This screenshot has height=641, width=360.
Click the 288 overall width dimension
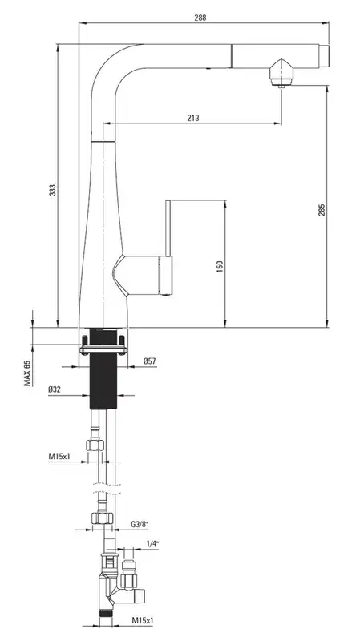[200, 18]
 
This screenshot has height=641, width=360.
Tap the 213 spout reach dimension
[193, 118]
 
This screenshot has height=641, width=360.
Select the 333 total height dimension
[53, 190]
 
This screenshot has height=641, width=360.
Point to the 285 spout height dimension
[322, 210]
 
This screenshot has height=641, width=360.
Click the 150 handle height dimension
[220, 267]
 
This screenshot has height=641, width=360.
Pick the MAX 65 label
[27, 373]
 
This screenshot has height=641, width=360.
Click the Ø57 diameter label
[149, 361]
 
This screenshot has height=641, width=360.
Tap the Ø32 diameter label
[55, 389]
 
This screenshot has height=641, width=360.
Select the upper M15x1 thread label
[59, 456]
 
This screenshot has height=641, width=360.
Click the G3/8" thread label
[140, 524]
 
